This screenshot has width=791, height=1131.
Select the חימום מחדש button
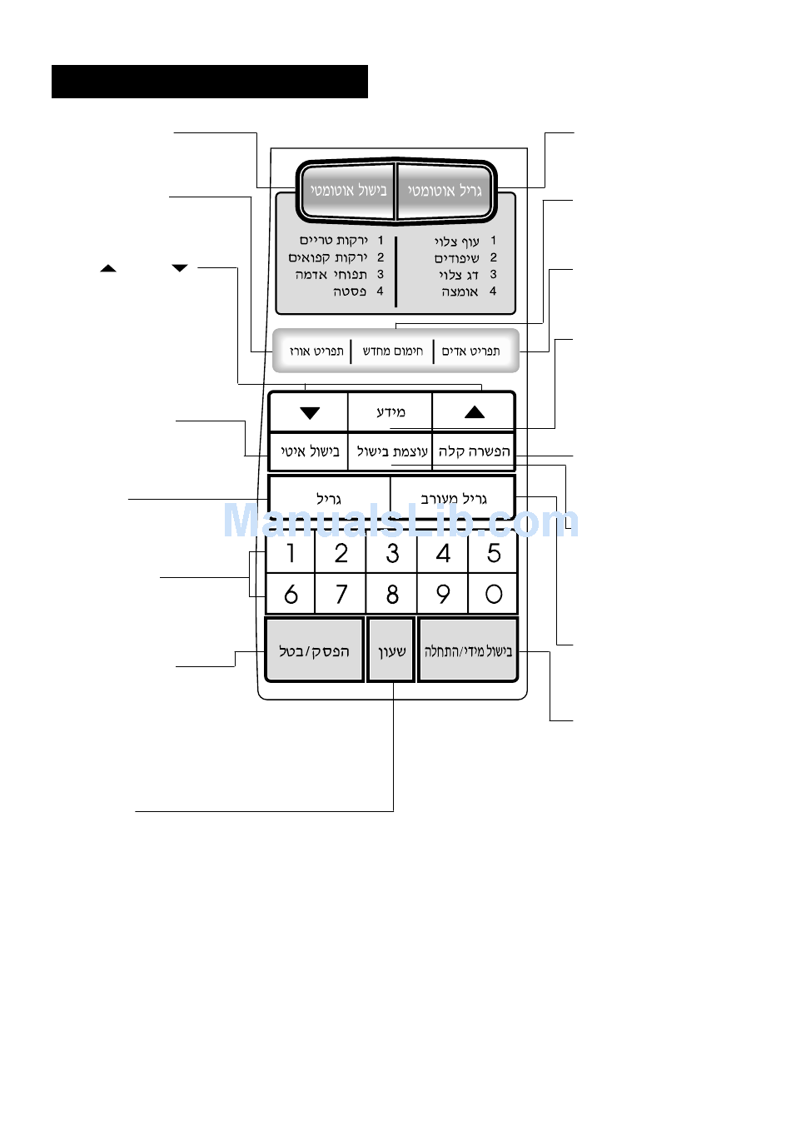point(392,351)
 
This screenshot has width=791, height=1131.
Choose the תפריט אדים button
point(472,351)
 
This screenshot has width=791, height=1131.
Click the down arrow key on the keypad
point(310,412)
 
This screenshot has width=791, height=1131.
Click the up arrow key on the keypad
point(474,412)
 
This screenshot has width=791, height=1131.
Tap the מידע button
point(391,412)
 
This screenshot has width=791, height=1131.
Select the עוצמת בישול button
point(391,451)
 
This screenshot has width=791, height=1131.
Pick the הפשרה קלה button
point(474,451)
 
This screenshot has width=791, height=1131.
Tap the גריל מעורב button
point(453,498)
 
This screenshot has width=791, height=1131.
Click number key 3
point(391,553)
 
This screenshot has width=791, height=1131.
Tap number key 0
point(493,594)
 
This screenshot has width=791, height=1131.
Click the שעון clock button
point(391,650)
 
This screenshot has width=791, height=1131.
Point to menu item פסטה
point(350,291)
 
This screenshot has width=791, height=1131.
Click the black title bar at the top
point(210,82)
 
